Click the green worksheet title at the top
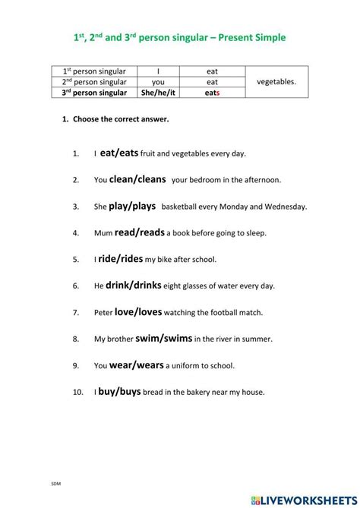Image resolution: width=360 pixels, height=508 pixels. tap(180, 38)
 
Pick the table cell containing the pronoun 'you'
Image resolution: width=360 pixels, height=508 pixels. tap(157, 81)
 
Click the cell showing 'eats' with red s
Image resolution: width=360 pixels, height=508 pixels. tap(213, 93)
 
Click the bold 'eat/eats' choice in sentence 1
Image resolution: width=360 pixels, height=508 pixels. tap(119, 153)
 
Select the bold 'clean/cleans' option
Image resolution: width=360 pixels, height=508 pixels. tap(138, 179)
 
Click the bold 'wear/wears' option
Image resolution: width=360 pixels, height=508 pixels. tap(137, 364)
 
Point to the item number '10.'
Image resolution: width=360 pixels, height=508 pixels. tap(77, 392)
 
